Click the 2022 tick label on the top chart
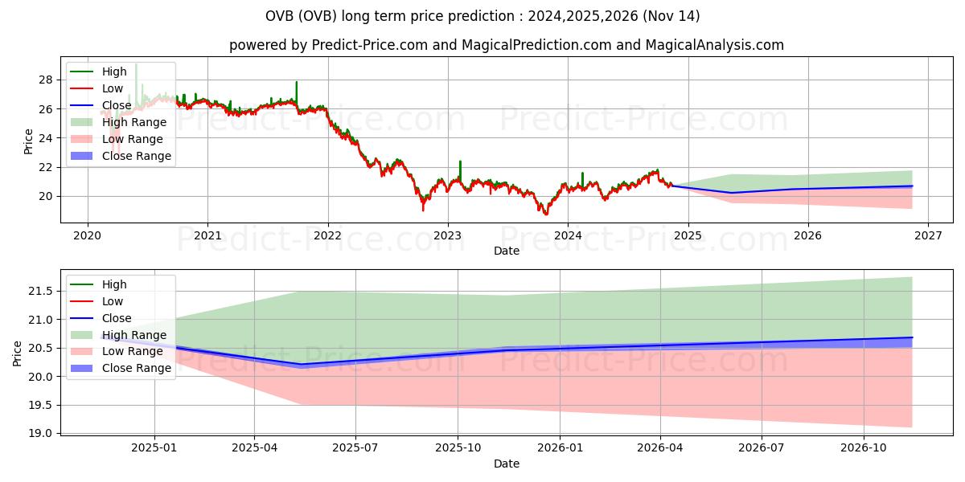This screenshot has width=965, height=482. pyautogui.click(x=327, y=235)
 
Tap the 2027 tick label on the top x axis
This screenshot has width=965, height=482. pyautogui.click(x=928, y=235)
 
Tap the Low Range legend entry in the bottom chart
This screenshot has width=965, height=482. pyautogui.click(x=133, y=351)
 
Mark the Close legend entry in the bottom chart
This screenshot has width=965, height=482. pyautogui.click(x=117, y=318)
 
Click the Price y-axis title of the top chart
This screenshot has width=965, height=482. pyautogui.click(x=29, y=141)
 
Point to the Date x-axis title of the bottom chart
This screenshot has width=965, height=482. pyautogui.click(x=507, y=464)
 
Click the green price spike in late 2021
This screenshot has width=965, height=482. pyautogui.click(x=296, y=83)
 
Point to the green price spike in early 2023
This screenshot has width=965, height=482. pyautogui.click(x=460, y=162)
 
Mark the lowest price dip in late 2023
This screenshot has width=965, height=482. pyautogui.click(x=545, y=214)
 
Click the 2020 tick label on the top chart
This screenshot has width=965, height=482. pyautogui.click(x=87, y=235)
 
